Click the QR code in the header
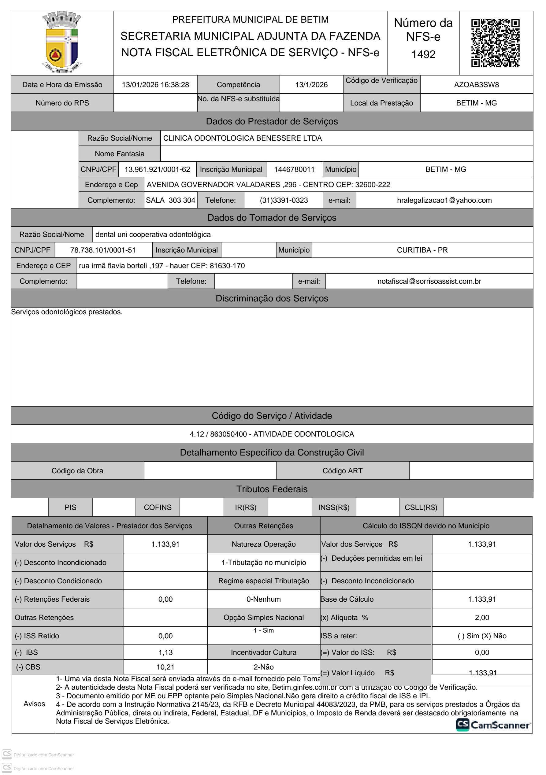(x=495, y=43)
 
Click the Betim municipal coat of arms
(x=62, y=42)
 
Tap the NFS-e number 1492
(x=423, y=54)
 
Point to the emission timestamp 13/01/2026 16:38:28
(x=155, y=85)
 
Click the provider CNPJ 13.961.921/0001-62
(x=157, y=169)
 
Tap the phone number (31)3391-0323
(x=284, y=201)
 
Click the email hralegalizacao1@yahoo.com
(x=444, y=201)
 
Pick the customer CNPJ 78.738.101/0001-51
(x=103, y=250)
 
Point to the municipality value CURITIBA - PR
(x=422, y=250)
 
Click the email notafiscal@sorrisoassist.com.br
(x=429, y=282)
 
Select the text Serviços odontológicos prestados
(x=67, y=312)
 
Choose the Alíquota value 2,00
(x=482, y=618)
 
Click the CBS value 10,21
(x=165, y=667)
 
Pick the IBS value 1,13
(x=165, y=652)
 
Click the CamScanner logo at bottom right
(x=493, y=725)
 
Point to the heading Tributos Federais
(x=272, y=489)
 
